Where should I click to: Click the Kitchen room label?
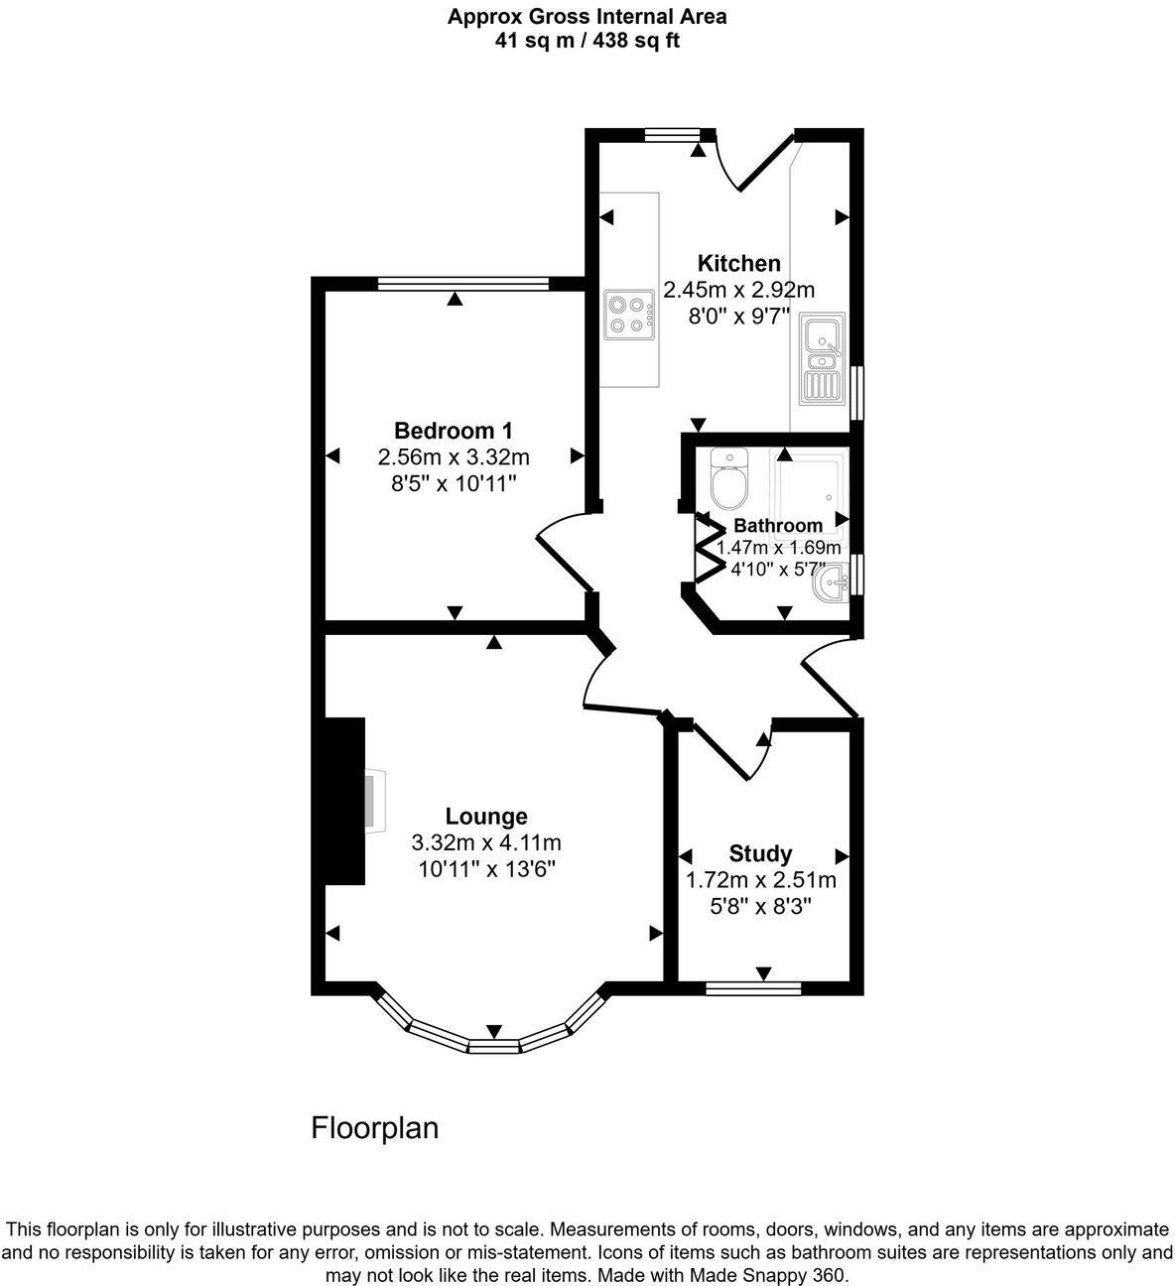pyautogui.click(x=738, y=264)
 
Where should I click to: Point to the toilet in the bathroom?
pyautogui.click(x=729, y=480)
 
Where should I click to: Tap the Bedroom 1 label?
pyautogui.click(x=453, y=431)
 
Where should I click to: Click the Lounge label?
pyautogui.click(x=486, y=817)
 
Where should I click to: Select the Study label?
pyautogui.click(x=760, y=853)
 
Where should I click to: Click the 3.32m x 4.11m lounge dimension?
pyautogui.click(x=486, y=843)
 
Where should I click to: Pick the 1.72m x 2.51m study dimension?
pyautogui.click(x=760, y=880)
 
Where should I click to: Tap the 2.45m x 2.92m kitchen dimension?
pyautogui.click(x=738, y=290)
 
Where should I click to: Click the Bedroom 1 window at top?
pyautogui.click(x=462, y=284)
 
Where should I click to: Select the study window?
pyautogui.click(x=753, y=987)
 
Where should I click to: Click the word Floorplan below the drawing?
pyautogui.click(x=375, y=1128)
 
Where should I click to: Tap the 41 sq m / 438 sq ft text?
pyautogui.click(x=587, y=41)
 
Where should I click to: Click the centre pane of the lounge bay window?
pyautogui.click(x=494, y=1045)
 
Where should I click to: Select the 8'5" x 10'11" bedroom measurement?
pyautogui.click(x=453, y=483)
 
